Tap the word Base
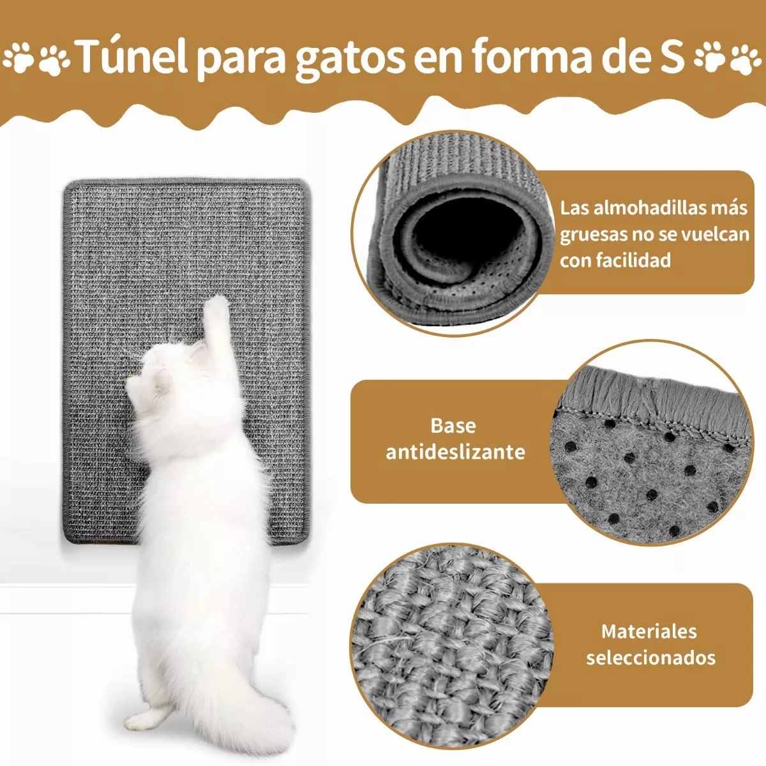coord(453,426)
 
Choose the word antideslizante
coord(455,452)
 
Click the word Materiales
coord(649,631)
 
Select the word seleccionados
coord(651,657)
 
